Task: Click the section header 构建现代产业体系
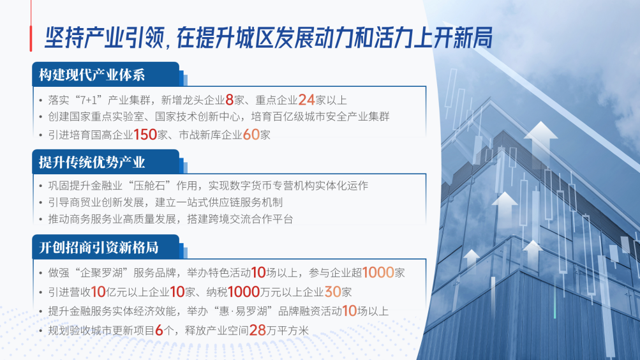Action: click(92, 75)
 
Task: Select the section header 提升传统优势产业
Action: click(92, 163)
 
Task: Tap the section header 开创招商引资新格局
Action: click(99, 248)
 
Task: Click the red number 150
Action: click(145, 135)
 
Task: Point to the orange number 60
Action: click(251, 135)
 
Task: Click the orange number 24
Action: click(306, 100)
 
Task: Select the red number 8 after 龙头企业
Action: click(229, 100)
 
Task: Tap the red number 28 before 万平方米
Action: click(258, 330)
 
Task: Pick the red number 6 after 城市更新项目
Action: click(159, 330)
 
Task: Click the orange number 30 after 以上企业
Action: click(332, 292)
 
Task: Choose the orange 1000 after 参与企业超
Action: click(378, 273)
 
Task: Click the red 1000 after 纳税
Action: click(244, 292)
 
